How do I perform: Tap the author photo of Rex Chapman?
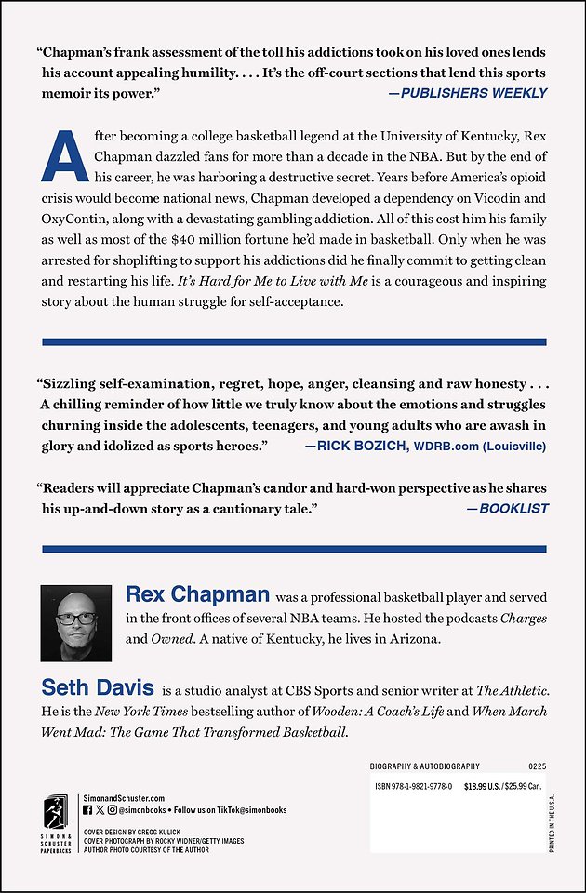pyautogui.click(x=77, y=623)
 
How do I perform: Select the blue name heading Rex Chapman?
pyautogui.click(x=197, y=594)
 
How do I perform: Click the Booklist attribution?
pyautogui.click(x=508, y=509)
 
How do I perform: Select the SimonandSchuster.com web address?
pyautogui.click(x=124, y=798)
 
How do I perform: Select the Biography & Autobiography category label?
pyautogui.click(x=425, y=766)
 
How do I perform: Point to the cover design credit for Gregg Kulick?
pyautogui.click(x=131, y=831)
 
